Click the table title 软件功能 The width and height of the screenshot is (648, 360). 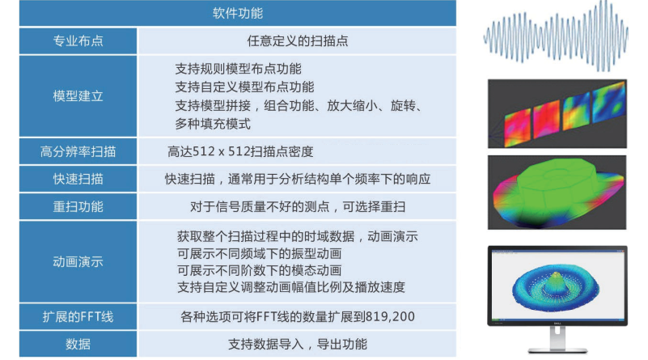point(237,14)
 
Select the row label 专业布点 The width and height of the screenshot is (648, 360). point(78,40)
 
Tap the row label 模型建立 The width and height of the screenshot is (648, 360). point(78,95)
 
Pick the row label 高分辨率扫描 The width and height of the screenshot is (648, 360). point(78,151)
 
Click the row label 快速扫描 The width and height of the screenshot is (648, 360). point(78,179)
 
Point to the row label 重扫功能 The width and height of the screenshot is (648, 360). point(78,206)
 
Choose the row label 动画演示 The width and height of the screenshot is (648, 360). point(78,261)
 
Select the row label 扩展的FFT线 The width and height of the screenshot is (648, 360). point(78,316)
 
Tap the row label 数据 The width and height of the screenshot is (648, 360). point(78,344)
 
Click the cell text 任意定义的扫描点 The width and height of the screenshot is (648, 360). point(298,40)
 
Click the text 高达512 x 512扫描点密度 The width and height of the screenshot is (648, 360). point(240,151)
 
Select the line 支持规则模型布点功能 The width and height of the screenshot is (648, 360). point(238,68)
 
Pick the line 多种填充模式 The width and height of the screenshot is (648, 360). point(213,124)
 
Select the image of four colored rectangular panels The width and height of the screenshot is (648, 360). point(557,112)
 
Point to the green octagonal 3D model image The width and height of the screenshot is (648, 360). point(557,192)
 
